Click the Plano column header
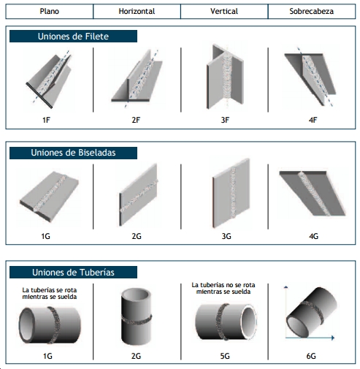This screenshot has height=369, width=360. [50, 11]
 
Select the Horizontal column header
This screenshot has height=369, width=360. [137, 11]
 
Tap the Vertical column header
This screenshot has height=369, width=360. [224, 11]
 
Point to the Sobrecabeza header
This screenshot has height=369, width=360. [312, 11]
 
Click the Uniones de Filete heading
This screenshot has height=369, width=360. [73, 37]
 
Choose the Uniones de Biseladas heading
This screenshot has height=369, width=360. [73, 153]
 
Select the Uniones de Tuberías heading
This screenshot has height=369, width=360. [73, 273]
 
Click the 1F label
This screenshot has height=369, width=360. [46, 120]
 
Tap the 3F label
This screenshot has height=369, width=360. [225, 120]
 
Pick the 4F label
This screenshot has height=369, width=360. [313, 120]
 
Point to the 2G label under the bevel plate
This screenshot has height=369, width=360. [137, 236]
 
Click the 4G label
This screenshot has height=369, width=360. [313, 236]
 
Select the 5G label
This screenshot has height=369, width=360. [225, 356]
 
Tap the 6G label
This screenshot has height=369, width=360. [311, 356]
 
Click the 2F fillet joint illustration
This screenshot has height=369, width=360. [137, 78]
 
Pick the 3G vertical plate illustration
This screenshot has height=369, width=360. [231, 193]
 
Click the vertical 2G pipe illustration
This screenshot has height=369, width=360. [137, 316]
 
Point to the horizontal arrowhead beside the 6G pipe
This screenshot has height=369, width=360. [333, 338]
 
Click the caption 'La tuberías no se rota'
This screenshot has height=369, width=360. [223, 285]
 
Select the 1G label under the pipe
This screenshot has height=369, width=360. [47, 356]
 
